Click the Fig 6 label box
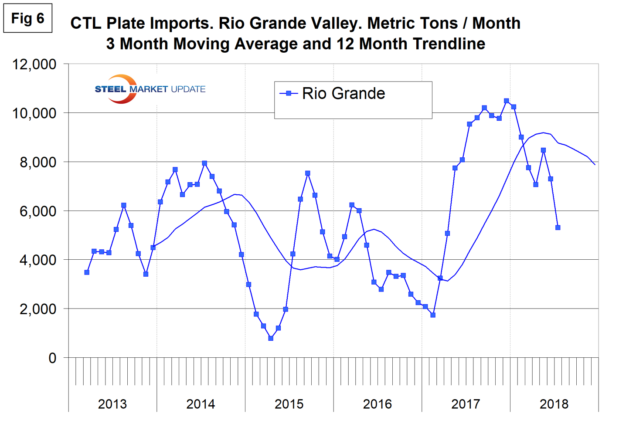[x=27, y=18]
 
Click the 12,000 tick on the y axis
[x=34, y=64]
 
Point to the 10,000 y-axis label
[x=34, y=113]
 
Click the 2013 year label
[x=112, y=404]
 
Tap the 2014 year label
[x=201, y=404]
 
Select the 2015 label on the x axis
[x=289, y=404]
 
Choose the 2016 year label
[x=378, y=404]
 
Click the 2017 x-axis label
[x=466, y=404]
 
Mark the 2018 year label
[x=554, y=404]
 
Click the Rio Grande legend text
[x=344, y=94]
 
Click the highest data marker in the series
[x=506, y=101]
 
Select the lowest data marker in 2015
[x=271, y=338]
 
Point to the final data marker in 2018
[x=558, y=227]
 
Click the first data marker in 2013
[x=87, y=272]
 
